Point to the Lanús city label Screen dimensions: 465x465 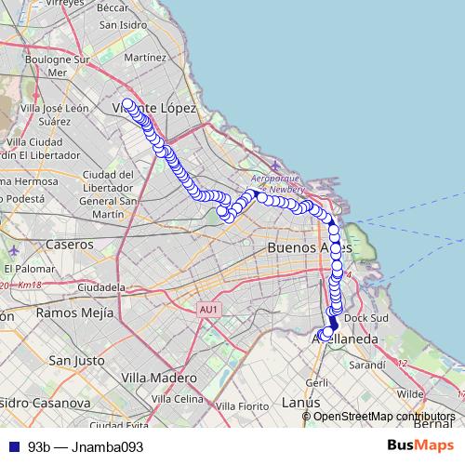click(x=301, y=402)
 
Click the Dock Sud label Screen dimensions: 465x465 click(x=365, y=318)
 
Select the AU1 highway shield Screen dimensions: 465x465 click(x=208, y=309)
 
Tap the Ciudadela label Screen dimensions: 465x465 click(x=102, y=286)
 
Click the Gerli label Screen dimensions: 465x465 click(x=316, y=382)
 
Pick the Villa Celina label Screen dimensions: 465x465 click(x=178, y=399)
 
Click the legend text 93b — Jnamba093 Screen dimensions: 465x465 click(x=86, y=447)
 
